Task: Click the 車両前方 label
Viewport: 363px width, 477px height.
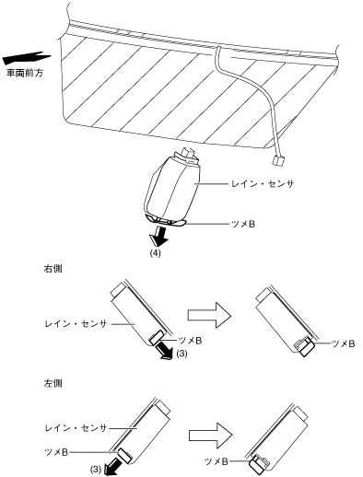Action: [25, 74]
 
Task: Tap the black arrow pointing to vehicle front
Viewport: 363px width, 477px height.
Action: [26, 58]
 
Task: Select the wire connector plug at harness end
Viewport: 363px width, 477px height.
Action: [277, 160]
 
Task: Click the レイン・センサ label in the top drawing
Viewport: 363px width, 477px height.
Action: [263, 184]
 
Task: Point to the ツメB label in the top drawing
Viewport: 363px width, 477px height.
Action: [243, 225]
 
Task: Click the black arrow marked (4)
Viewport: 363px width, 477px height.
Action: [159, 235]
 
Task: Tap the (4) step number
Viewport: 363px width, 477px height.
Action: [155, 253]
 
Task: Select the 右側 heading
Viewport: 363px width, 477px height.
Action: [53, 269]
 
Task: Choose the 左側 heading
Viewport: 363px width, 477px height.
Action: [53, 383]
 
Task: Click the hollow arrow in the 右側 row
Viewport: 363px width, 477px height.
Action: [209, 316]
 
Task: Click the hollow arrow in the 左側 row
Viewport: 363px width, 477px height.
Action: [210, 436]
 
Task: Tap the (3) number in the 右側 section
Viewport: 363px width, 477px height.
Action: [181, 354]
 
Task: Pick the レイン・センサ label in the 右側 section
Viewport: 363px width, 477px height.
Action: [76, 324]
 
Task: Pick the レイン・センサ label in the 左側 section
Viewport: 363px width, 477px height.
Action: [76, 428]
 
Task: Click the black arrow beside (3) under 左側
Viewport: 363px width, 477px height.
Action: [111, 466]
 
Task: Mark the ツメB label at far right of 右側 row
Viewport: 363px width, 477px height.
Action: [344, 343]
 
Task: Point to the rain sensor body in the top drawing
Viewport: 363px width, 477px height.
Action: [172, 189]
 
